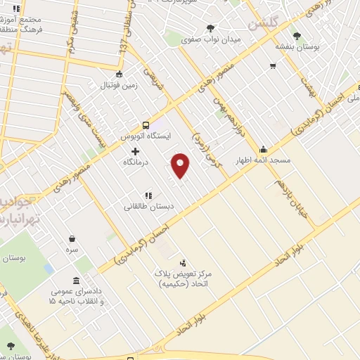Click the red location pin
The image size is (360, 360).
[x=181, y=165]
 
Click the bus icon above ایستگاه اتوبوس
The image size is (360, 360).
[x=146, y=122]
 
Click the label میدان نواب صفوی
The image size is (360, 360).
[x=211, y=39]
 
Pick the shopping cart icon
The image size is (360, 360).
[x=272, y=66]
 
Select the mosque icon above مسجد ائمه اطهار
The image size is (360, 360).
[x=263, y=149]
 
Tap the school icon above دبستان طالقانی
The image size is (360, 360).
[x=148, y=195]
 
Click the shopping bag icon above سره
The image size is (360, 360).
[x=72, y=238]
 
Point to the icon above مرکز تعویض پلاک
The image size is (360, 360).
[x=184, y=262]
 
